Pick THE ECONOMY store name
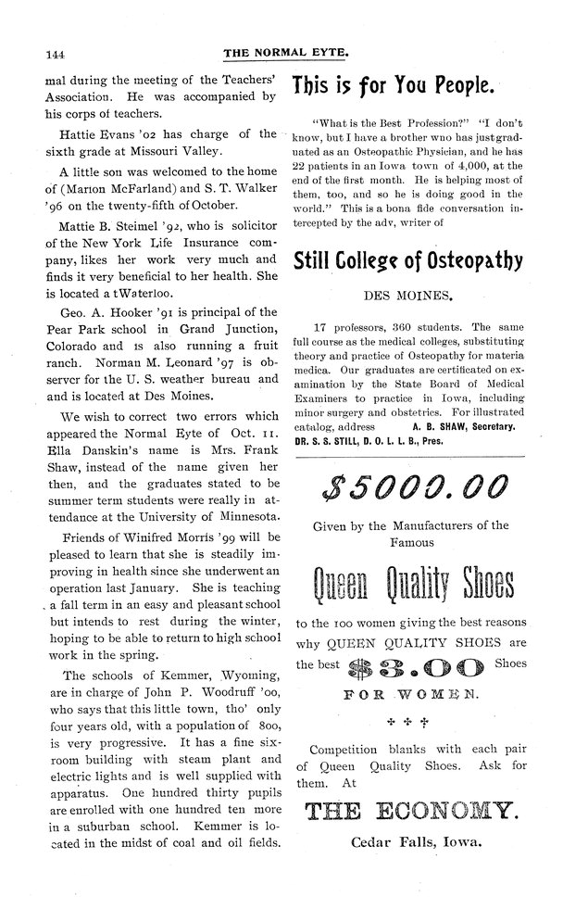pyautogui.click(x=410, y=813)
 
